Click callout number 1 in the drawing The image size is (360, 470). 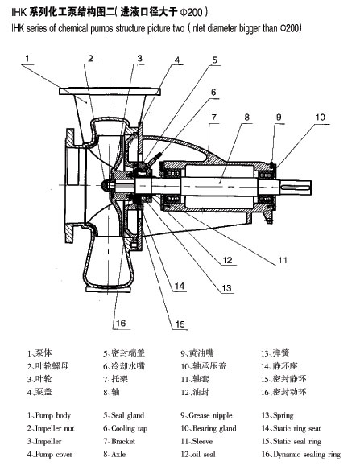click(27, 58)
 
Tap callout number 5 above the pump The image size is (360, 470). click(215, 60)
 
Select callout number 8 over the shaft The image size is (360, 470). click(247, 117)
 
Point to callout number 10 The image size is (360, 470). click(320, 117)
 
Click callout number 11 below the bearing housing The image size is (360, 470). click(283, 260)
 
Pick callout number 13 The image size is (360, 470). click(227, 288)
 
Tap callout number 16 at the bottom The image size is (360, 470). click(121, 324)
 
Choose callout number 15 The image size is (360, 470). click(180, 324)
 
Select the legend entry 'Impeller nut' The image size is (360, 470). click(55, 428)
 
